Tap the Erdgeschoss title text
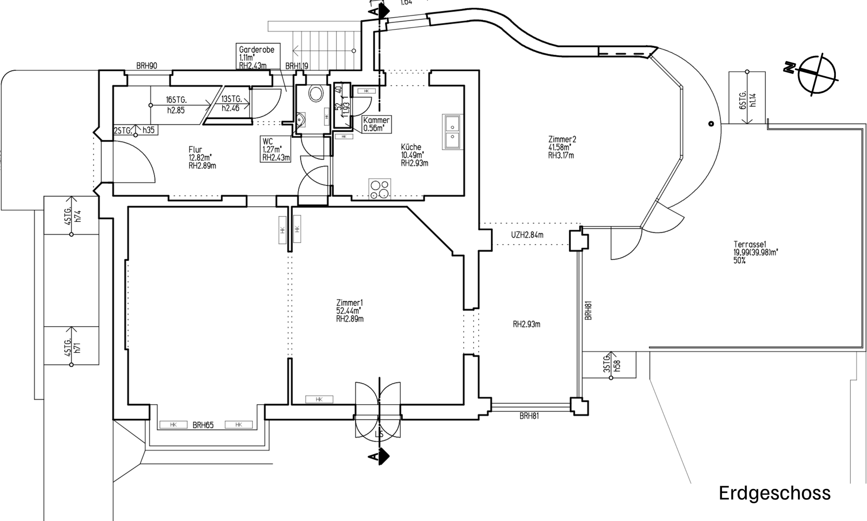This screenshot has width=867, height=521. tap(774, 493)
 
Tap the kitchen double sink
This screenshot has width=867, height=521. tap(452, 131)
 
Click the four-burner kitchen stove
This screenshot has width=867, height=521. tap(379, 189)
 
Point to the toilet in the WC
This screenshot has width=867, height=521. tap(316, 93)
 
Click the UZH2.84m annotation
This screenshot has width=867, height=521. tap(527, 235)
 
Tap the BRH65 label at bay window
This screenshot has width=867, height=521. tap(203, 425)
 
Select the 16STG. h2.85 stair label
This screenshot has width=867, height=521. tap(176, 105)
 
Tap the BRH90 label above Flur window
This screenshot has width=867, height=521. tap(146, 66)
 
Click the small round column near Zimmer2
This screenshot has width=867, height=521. tap(711, 124)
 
